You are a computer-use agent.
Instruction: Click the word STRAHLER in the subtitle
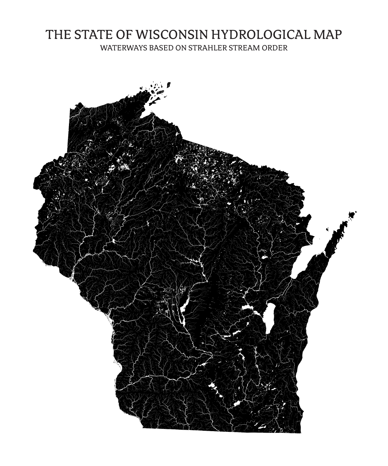click(x=208, y=48)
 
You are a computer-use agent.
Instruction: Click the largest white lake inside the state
click(x=270, y=316)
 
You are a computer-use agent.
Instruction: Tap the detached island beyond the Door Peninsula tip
click(x=352, y=215)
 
